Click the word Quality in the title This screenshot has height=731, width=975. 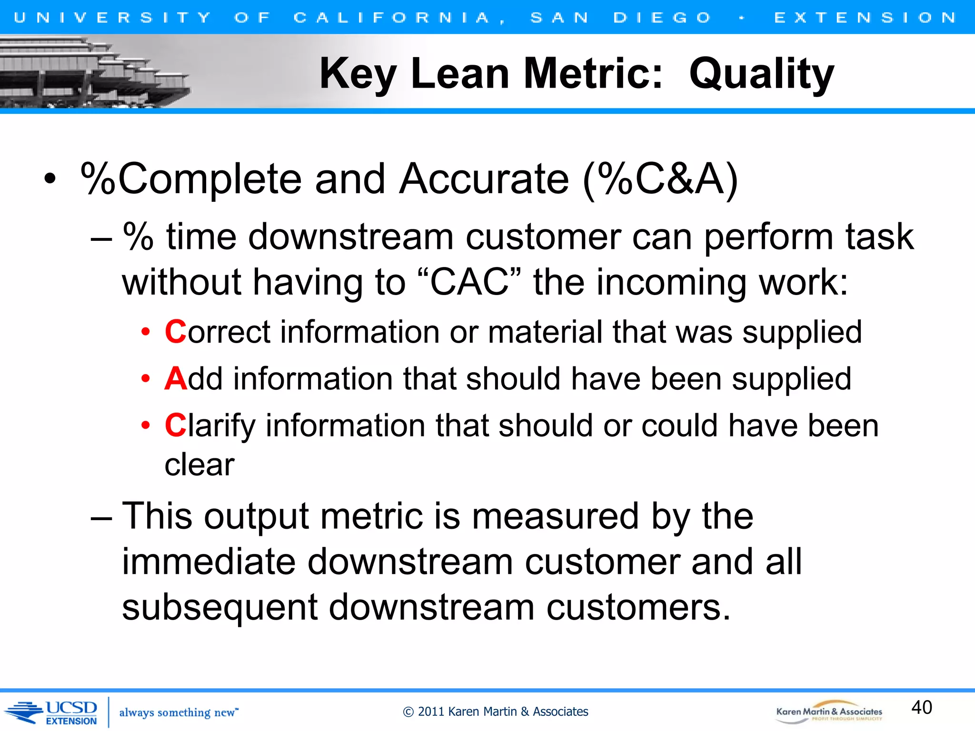pos(761,74)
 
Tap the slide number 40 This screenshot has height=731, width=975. pos(921,707)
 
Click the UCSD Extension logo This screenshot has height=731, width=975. pos(52,712)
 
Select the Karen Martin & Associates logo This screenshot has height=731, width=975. pos(829,712)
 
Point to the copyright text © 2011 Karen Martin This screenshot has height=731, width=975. pos(495,711)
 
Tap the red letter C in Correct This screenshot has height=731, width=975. pos(175,332)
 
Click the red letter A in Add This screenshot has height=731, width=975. pos(175,379)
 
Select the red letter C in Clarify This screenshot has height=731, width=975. pos(175,425)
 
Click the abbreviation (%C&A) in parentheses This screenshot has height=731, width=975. pos(660,179)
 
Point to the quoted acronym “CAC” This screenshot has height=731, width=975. pos(469,282)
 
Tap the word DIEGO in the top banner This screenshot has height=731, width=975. pos(662,18)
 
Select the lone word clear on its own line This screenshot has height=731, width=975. pos(199,465)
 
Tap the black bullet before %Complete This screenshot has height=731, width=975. pos(50,180)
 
